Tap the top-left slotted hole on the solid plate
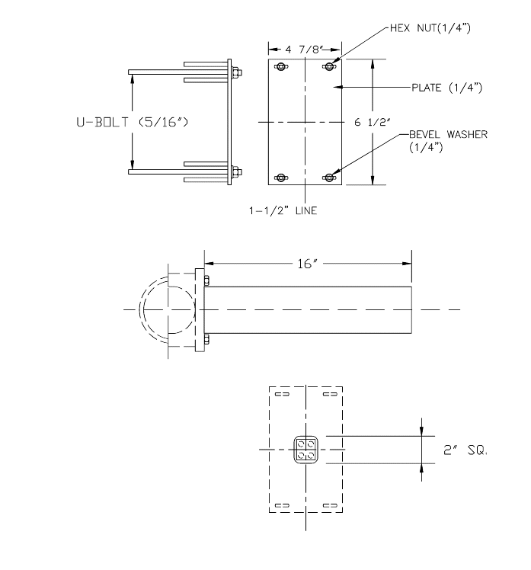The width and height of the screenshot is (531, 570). point(281,68)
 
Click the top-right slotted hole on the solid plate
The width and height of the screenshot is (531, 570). point(329,68)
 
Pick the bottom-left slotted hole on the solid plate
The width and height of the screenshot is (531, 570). point(281,178)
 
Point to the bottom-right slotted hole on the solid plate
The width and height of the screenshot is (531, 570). point(329,178)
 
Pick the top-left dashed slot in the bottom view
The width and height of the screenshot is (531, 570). point(281,395)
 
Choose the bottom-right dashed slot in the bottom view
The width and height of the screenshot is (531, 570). point(329,504)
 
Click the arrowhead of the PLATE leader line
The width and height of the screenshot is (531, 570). point(341,88)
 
